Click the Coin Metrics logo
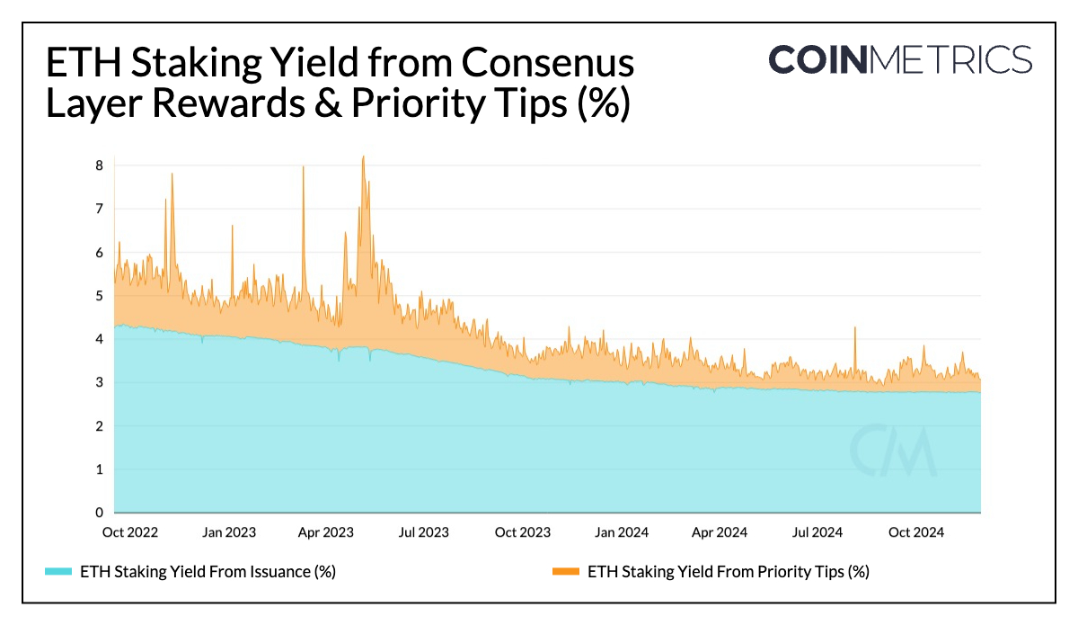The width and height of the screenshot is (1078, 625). [x=900, y=59]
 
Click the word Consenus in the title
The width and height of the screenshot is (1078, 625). [x=548, y=64]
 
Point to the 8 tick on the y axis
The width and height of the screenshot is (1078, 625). [x=99, y=165]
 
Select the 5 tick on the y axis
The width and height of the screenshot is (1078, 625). [x=99, y=296]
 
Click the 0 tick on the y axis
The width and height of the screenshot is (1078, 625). [x=99, y=513]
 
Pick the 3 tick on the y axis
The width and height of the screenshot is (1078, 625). [x=99, y=382]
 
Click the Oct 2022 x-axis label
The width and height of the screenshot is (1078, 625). [x=130, y=532]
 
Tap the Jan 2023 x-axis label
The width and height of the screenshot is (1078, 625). [x=228, y=532]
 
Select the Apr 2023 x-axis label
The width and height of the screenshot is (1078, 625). [x=325, y=532]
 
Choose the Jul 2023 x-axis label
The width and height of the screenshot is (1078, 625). [x=422, y=532]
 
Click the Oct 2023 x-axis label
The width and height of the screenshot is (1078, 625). [x=523, y=532]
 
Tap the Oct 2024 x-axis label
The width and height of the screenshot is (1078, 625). [x=915, y=532]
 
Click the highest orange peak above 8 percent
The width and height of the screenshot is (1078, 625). [x=363, y=157]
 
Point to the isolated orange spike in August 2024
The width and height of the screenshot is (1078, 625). [x=854, y=329]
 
